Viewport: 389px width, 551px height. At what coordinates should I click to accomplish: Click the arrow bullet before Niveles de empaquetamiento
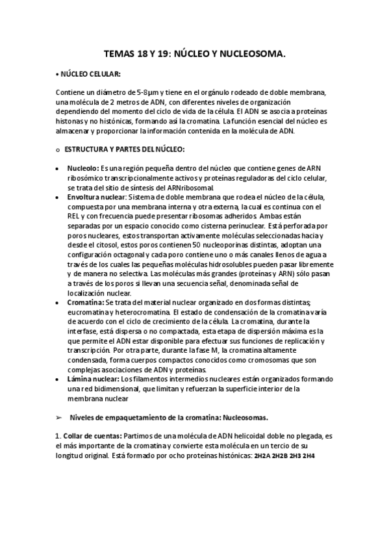pos(59,417)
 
